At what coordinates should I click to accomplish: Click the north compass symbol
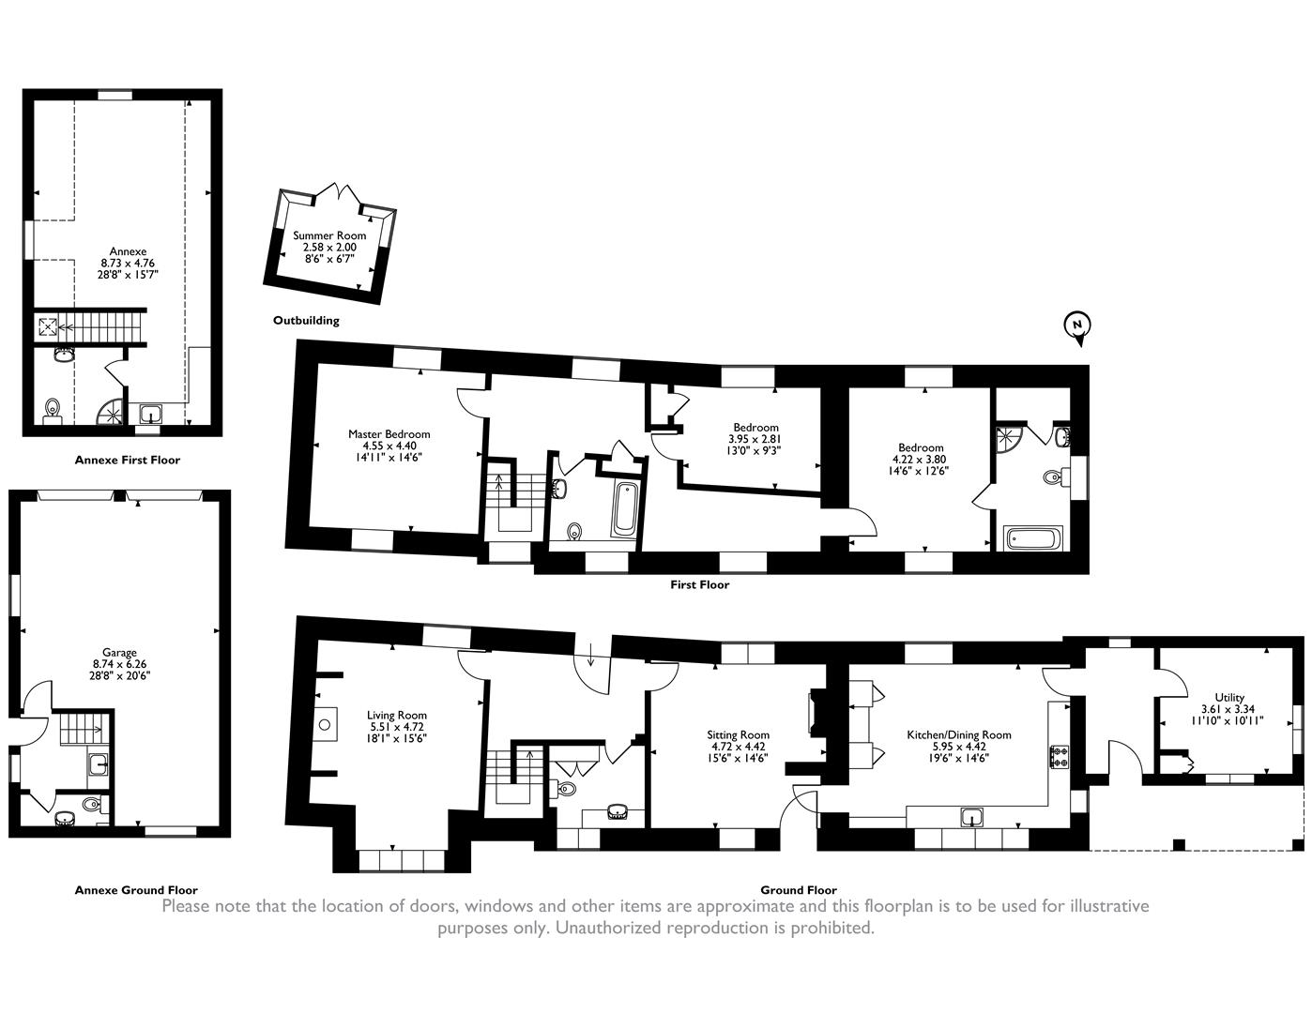coord(1076,327)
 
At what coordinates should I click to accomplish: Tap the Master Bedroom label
coord(389,433)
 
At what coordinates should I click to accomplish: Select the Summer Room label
coord(329,235)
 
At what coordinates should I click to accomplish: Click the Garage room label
coord(119,652)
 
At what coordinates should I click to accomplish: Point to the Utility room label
coord(1229,697)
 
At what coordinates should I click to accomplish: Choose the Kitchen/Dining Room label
coord(959,734)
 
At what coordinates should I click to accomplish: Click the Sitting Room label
coord(738,734)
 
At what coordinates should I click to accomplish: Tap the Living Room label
coord(397,715)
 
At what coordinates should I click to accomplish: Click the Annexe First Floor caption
coord(128,460)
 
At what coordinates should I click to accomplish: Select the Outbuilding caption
coord(306,321)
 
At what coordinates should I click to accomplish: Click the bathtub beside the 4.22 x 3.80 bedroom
coord(1032,538)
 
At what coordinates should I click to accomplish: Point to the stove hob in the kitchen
coord(1059,758)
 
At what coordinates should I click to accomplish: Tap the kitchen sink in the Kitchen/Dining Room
coord(972,818)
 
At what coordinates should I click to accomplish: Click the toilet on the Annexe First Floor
coord(52,408)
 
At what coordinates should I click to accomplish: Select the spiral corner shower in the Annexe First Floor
coord(111,412)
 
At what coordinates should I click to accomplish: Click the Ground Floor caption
coord(799,890)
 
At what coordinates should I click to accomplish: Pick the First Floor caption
coord(700,584)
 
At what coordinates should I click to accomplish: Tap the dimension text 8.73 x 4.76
coord(128,263)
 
